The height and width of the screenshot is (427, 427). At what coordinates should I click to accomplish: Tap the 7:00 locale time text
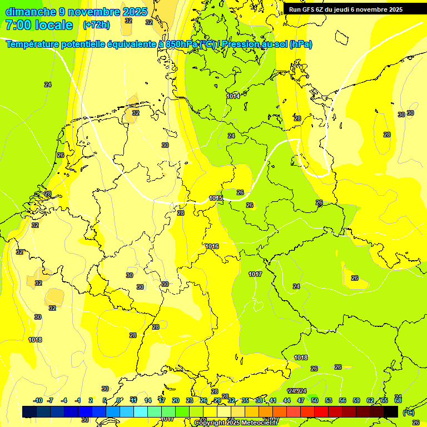[39, 25]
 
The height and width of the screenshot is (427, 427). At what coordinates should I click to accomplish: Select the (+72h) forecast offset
[96, 25]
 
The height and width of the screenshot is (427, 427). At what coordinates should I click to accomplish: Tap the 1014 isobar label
[233, 96]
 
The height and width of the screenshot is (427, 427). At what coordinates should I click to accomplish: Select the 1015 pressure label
[216, 198]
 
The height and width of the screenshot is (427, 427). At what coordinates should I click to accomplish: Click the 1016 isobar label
[212, 246]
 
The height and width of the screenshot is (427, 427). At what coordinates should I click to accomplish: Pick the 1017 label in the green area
[255, 275]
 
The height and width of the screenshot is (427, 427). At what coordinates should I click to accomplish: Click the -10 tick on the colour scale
[38, 401]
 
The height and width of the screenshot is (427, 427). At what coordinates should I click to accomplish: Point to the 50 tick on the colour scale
[315, 401]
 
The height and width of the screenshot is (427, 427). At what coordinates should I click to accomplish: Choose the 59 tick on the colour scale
[356, 401]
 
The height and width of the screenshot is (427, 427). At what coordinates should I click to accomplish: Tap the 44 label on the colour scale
[287, 401]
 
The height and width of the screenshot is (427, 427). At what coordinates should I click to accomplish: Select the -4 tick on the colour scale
[64, 401]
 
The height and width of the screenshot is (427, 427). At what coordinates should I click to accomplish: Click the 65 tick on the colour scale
[384, 401]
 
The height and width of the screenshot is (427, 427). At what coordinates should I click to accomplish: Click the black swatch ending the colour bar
[391, 411]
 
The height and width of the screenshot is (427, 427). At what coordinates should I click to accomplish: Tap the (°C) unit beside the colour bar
[408, 413]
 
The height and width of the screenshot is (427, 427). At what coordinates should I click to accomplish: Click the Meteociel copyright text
[236, 423]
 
